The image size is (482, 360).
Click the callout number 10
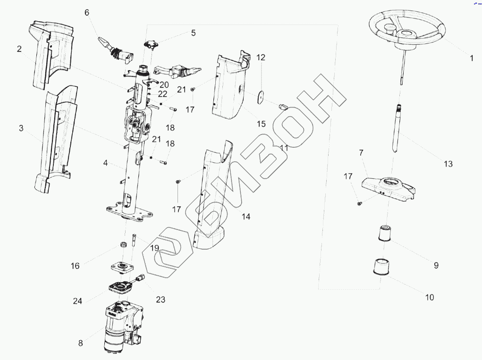429,297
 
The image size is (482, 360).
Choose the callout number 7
361,153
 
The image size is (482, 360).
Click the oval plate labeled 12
261,97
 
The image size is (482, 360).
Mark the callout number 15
261,124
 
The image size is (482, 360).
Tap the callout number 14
246,217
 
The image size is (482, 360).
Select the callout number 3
21,128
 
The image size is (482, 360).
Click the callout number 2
19,49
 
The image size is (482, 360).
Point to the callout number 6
87,12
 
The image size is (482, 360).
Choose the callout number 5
193,33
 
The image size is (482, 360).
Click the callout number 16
76,266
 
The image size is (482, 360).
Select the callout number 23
161,299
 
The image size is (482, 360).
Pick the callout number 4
106,163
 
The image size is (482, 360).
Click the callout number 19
154,247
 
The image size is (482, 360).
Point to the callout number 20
164,85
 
